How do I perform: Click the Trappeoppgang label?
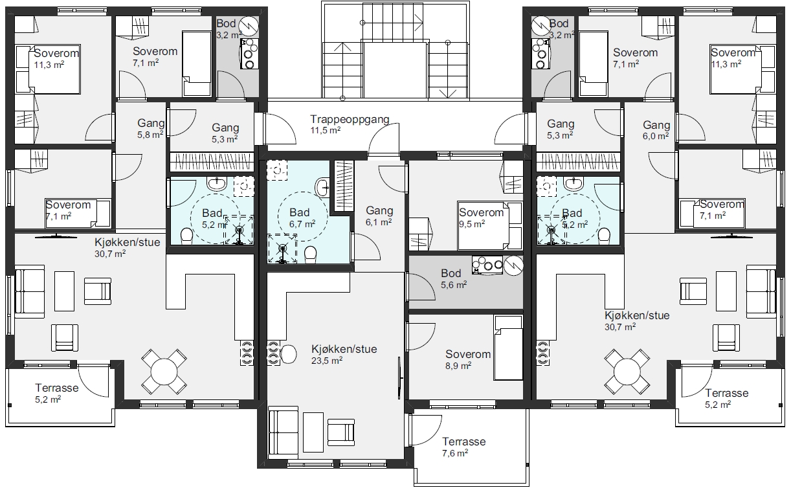[x=350, y=120]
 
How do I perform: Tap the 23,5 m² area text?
[x=327, y=361]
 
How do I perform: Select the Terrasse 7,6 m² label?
[x=463, y=447]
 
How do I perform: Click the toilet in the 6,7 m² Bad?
[x=311, y=254]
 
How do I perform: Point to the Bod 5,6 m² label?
[x=454, y=278]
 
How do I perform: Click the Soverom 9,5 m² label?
[x=481, y=218]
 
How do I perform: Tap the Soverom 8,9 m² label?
[x=467, y=359]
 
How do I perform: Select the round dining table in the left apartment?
[x=164, y=372]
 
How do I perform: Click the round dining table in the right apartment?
[x=627, y=372]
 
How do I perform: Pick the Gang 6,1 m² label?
[x=379, y=216]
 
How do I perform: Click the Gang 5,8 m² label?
[x=150, y=129]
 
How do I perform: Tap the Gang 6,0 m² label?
[x=656, y=130]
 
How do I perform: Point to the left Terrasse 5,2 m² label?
[x=56, y=394]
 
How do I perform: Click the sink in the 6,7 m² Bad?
[x=322, y=187]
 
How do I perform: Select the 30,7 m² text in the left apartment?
[x=110, y=254]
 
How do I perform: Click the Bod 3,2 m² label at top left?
[x=228, y=29]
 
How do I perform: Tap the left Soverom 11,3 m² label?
[x=56, y=59]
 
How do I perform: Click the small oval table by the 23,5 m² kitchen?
[x=288, y=354]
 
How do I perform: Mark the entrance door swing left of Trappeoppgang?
[x=281, y=129]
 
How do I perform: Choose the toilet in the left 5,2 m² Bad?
[x=186, y=236]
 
